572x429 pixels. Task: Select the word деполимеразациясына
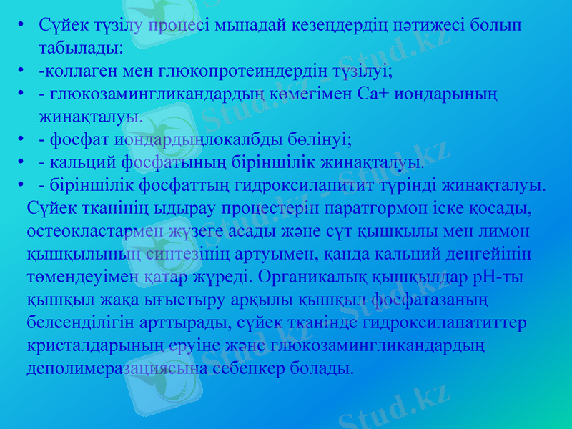(117, 369)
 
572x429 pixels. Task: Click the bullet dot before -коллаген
(24, 71)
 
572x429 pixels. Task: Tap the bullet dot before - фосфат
(24, 139)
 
